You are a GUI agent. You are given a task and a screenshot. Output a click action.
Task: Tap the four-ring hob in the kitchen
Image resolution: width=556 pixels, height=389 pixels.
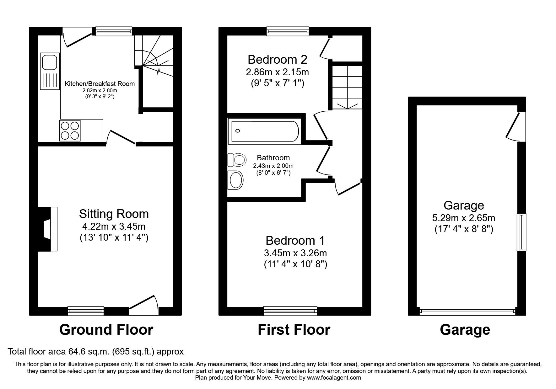click(x=70, y=131)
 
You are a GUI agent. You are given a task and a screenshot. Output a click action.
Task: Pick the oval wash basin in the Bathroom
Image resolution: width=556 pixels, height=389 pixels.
click(x=236, y=180)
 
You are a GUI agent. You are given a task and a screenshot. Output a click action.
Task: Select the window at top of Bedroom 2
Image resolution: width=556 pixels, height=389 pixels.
click(x=288, y=31)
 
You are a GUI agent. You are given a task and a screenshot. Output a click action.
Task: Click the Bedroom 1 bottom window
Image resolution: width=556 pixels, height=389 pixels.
click(x=290, y=311)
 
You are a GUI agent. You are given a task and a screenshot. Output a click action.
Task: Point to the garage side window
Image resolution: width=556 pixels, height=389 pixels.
click(x=521, y=232)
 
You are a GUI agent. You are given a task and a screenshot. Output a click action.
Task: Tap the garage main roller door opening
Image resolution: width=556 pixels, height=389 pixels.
click(x=467, y=311)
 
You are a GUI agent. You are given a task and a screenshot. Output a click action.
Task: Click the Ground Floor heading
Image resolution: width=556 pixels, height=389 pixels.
click(x=106, y=330)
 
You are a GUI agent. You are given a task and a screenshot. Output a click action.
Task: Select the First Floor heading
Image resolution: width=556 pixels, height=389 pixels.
click(x=294, y=330)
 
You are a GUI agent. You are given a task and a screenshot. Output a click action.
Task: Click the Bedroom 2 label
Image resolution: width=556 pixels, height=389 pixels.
click(x=277, y=59)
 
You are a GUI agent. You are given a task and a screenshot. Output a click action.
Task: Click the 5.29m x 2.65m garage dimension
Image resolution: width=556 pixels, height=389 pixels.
click(x=464, y=217)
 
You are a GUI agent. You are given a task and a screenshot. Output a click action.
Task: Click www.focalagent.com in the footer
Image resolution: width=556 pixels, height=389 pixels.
click(x=334, y=378)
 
